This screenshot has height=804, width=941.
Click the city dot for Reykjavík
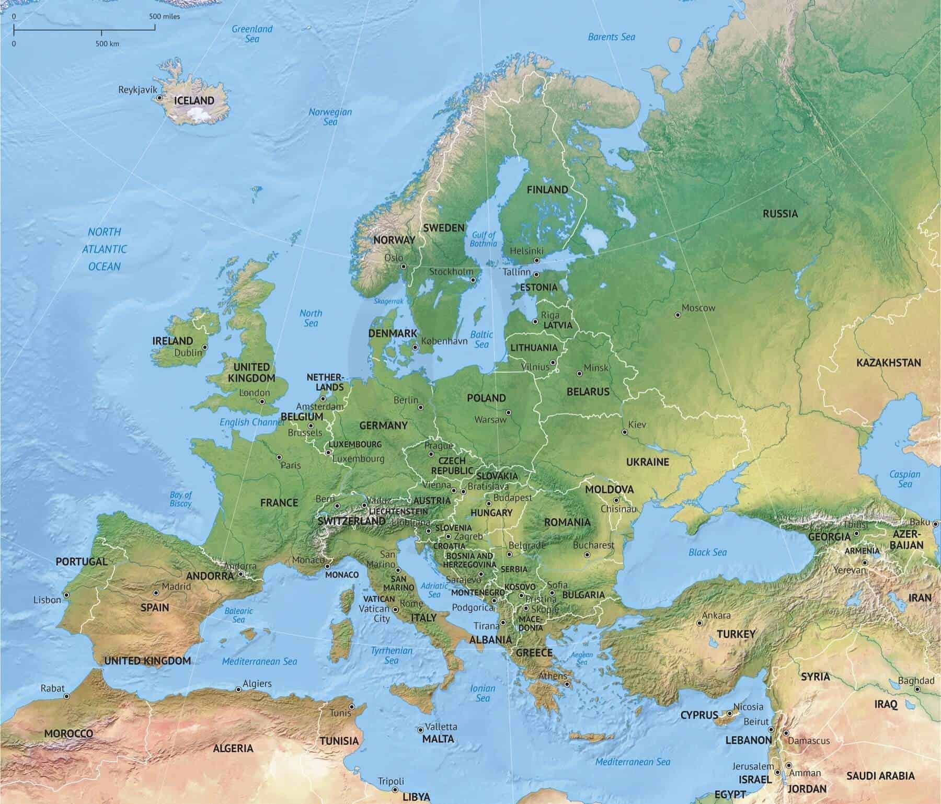tap(158, 98)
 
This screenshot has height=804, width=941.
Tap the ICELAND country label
tap(194, 100)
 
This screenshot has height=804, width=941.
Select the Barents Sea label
tap(611, 37)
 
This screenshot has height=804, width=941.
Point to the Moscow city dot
tap(678, 315)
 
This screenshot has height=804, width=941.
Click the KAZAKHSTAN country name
tap(888, 362)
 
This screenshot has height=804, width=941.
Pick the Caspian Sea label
tap(904, 479)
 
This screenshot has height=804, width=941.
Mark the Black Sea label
tap(707, 552)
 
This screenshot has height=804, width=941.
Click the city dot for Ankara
tap(699, 623)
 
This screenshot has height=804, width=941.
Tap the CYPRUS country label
tap(699, 715)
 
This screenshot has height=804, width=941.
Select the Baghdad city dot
tap(917, 690)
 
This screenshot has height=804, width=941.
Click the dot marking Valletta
tap(420, 730)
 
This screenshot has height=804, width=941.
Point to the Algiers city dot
tap(238, 689)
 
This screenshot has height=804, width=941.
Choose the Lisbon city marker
tap(66, 595)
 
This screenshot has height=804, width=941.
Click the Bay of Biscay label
tap(180, 499)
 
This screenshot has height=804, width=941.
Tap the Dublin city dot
tap(205, 347)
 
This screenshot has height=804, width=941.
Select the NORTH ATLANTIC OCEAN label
tap(105, 249)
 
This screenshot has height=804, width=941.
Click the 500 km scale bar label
tap(107, 44)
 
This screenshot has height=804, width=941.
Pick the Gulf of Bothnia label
tap(483, 239)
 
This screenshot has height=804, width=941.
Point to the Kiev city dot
tap(624, 432)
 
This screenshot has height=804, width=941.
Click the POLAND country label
tap(486, 398)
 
